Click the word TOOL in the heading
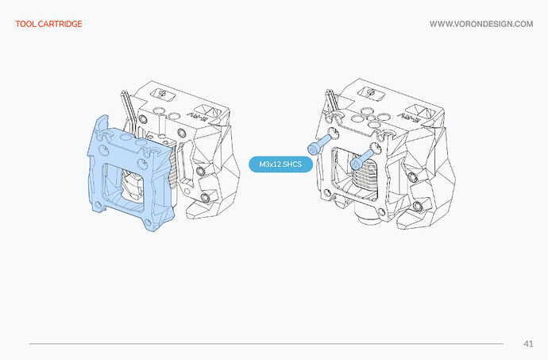25,24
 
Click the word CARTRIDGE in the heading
60,24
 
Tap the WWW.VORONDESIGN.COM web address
481,24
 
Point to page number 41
528,343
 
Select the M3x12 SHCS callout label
280,164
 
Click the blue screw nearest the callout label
319,144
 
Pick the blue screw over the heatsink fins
362,159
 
